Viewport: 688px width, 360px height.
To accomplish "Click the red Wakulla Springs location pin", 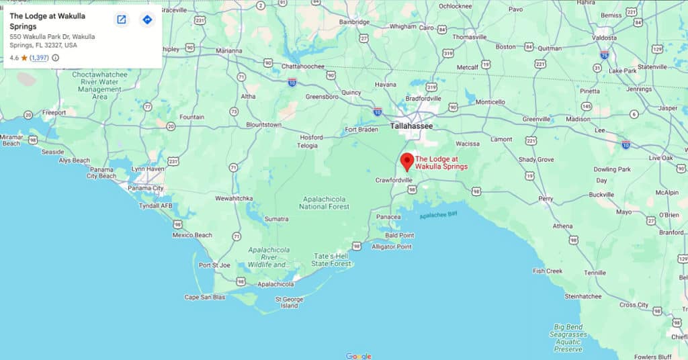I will click(406, 161).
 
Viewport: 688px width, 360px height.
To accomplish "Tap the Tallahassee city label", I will click(411, 126).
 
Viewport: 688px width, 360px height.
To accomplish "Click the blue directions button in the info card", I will click(147, 19).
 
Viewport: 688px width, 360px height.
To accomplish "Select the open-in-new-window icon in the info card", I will click(122, 19).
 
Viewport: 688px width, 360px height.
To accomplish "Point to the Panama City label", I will click(145, 189).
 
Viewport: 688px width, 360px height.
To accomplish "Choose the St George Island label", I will click(289, 302).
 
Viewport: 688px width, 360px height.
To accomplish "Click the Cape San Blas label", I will click(205, 297).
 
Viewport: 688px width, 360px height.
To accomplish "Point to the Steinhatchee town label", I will click(583, 296).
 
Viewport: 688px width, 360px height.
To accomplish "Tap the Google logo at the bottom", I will click(359, 355).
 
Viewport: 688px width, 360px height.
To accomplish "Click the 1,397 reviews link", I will click(39, 58).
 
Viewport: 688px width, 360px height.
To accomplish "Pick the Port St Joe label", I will click(214, 265).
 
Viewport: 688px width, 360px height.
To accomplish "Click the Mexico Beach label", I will click(192, 235).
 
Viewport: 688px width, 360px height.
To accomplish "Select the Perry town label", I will click(545, 199).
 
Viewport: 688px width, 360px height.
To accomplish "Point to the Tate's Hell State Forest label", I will click(331, 260).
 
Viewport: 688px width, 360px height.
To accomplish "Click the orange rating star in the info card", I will click(24, 58).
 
